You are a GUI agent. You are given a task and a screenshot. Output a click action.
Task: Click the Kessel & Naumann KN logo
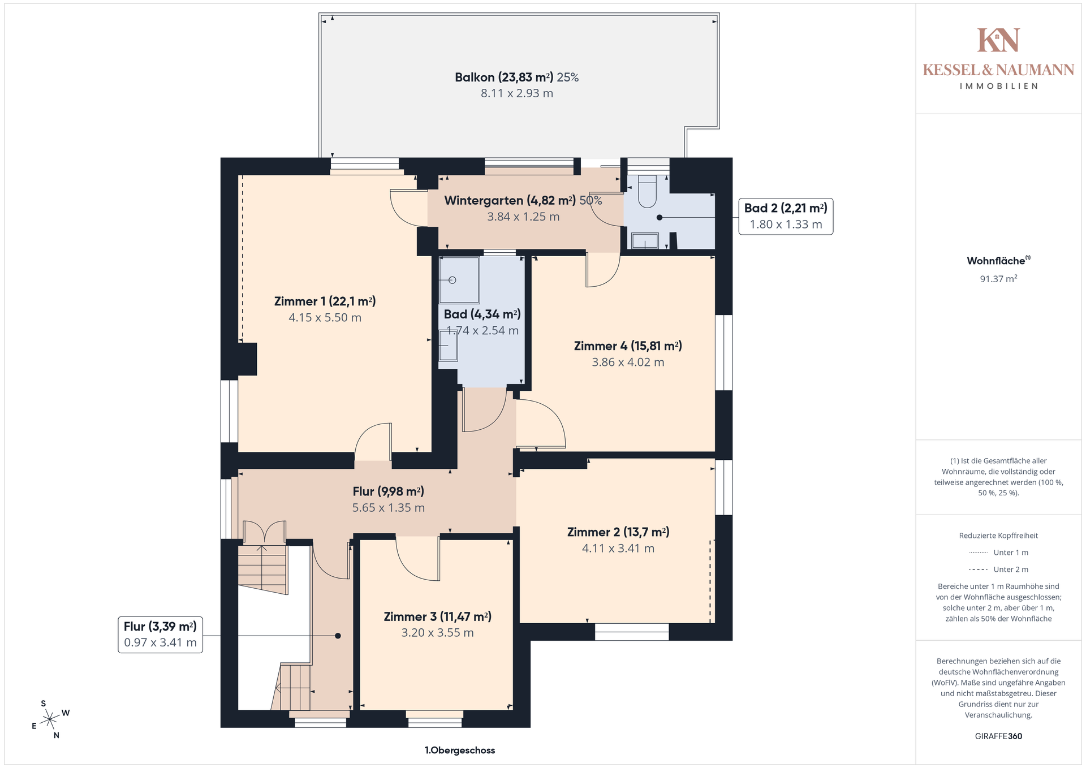pos(998,40)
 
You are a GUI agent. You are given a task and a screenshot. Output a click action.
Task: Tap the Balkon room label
pos(516,77)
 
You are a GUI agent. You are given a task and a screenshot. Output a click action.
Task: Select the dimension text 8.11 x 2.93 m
pos(516,93)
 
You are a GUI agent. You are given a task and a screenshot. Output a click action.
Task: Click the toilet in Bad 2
pos(647,191)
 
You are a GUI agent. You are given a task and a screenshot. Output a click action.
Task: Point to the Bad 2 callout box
pos(786,216)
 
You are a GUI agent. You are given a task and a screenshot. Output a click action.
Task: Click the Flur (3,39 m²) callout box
pos(160,635)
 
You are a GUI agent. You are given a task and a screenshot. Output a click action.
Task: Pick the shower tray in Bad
pos(459,281)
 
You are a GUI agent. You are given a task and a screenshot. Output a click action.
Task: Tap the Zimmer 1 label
pos(325,301)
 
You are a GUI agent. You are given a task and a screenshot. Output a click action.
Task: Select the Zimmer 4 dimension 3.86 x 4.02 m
pos(628,363)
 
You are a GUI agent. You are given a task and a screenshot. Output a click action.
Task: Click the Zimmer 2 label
pos(618,532)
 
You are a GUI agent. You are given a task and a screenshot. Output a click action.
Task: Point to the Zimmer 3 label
pos(437,616)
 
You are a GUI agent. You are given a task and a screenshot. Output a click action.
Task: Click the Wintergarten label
pos(523,200)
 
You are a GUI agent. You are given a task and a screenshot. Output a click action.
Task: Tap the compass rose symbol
pos(50,719)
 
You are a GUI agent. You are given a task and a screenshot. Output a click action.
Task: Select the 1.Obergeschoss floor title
pos(460,750)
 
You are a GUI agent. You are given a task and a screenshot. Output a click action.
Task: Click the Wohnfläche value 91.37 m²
pos(998,279)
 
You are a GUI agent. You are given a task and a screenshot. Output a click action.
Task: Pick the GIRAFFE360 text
pos(998,736)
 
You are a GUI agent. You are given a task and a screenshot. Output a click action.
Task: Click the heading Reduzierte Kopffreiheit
pos(998,536)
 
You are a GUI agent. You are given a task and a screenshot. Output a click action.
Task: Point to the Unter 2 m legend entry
pos(998,569)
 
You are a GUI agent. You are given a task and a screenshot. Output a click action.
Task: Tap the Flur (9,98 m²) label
pos(388,491)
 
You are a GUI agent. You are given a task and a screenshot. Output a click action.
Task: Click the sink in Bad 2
pos(645,241)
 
